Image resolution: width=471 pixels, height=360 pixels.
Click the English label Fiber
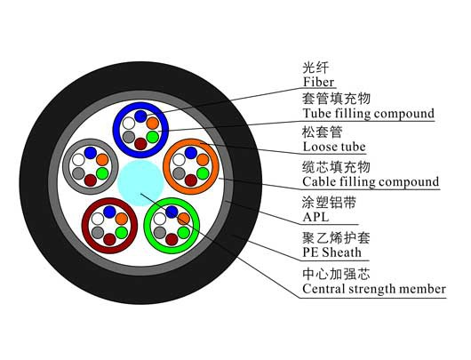[x=318, y=82]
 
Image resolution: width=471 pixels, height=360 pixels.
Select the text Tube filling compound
[x=369, y=114]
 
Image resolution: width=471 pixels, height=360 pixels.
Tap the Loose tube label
[x=334, y=147]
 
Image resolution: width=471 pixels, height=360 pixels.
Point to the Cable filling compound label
[x=371, y=182]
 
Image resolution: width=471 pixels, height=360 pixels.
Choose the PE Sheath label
[x=332, y=252]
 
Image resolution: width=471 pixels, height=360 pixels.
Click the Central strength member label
[x=374, y=289]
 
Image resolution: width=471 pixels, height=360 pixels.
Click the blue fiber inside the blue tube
[x=140, y=116]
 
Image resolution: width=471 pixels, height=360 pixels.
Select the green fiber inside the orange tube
[x=203, y=173]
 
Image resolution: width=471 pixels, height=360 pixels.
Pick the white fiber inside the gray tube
[x=78, y=160]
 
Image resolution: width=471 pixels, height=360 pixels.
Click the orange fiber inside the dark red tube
[x=122, y=219]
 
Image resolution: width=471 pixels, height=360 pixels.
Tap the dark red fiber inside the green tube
[x=172, y=239]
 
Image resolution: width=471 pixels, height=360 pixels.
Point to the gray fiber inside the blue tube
[x=129, y=137]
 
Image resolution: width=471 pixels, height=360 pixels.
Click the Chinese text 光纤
[x=315, y=68]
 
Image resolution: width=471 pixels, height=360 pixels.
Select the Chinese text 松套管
[x=323, y=132]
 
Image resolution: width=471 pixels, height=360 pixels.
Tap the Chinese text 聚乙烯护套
[x=336, y=237]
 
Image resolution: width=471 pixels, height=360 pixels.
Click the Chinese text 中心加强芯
[x=336, y=274]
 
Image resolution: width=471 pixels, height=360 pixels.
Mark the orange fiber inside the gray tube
[x=102, y=160]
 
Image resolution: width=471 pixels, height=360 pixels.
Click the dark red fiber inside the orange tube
[x=191, y=180]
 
